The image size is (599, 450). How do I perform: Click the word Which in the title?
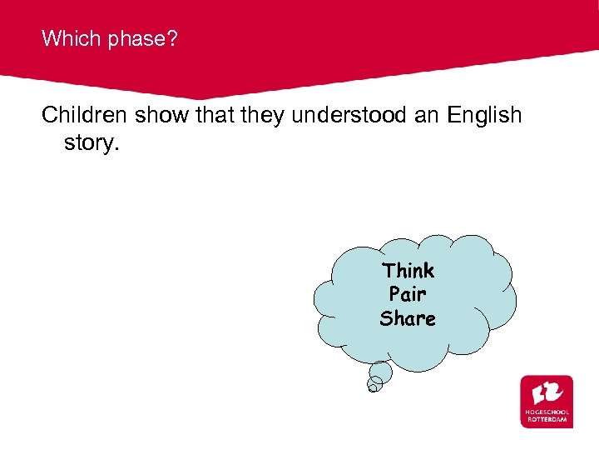coord(67,37)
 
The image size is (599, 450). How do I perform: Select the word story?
coord(92,142)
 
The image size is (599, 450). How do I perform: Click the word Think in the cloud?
coord(408,270)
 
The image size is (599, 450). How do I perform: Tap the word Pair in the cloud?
coord(408,294)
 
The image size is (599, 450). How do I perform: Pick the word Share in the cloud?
coord(408,318)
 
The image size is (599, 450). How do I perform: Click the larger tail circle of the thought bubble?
coord(380,372)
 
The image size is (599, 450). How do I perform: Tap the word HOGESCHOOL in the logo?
coord(547,412)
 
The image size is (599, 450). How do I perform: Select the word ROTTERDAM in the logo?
coord(547,419)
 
